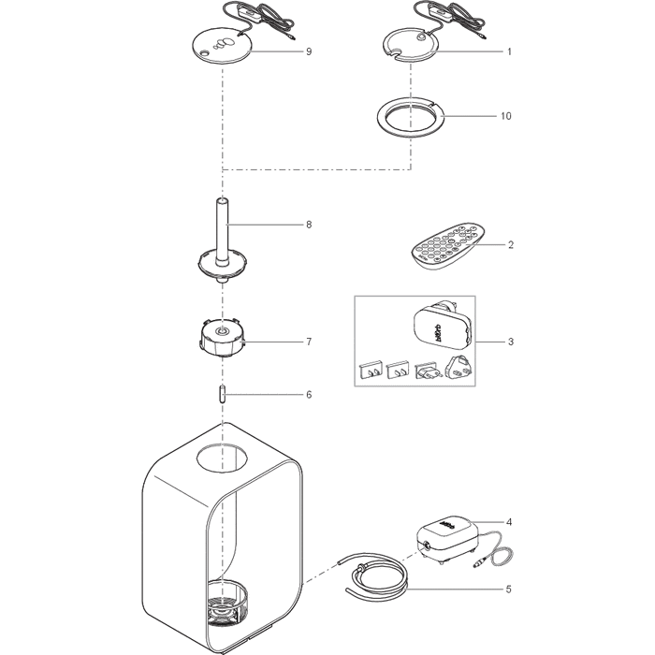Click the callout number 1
(x=510, y=52)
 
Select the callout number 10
(x=506, y=117)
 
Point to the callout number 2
(x=511, y=245)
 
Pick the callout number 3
(x=511, y=342)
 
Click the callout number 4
(x=510, y=521)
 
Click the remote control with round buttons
(x=447, y=246)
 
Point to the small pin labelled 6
(x=223, y=394)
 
